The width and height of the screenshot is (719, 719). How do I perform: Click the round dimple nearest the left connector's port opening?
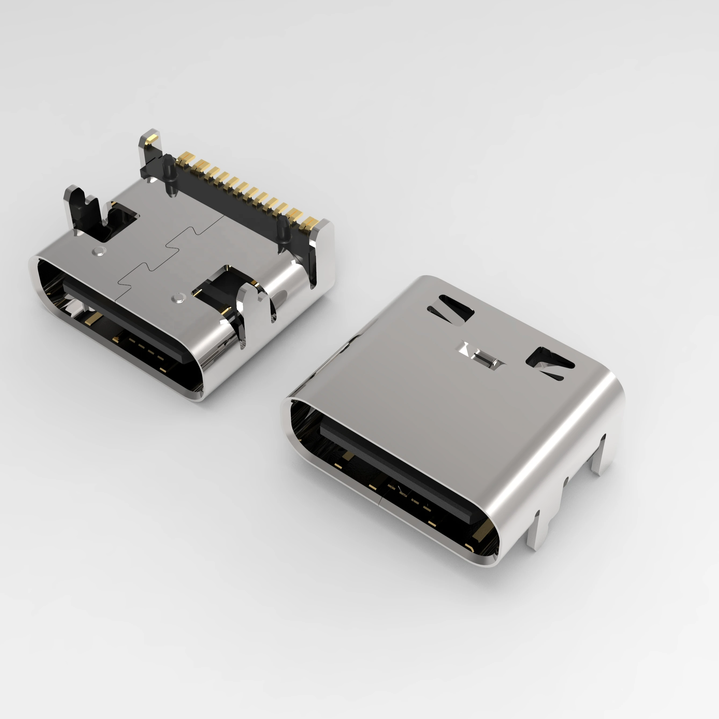click(x=179, y=297)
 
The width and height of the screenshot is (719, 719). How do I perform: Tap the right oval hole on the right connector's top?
click(x=550, y=362)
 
